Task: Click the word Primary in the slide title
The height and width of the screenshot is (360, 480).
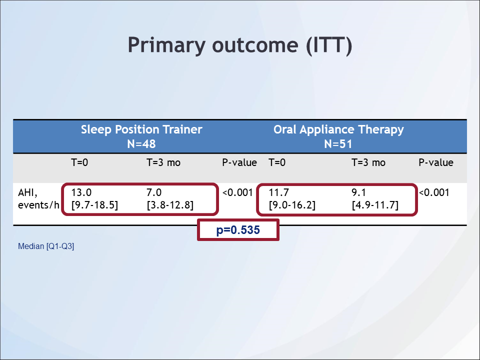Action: [166, 45]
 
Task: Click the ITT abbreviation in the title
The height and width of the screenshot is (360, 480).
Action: [329, 45]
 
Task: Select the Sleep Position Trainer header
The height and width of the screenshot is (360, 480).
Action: [141, 129]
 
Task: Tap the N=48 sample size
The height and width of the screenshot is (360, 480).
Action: [141, 144]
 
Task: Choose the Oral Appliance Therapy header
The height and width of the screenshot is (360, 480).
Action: [338, 130]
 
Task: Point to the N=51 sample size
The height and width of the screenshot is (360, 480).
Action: [338, 144]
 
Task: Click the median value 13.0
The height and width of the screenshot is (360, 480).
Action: [81, 192]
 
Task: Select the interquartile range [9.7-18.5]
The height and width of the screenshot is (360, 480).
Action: [94, 205]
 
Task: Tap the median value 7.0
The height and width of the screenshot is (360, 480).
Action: [154, 192]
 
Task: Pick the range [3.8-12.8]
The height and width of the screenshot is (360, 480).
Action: [170, 205]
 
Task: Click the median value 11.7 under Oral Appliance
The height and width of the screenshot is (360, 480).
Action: [279, 192]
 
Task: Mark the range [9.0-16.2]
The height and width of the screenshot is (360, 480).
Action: [292, 205]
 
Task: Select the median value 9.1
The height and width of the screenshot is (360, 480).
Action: [359, 192]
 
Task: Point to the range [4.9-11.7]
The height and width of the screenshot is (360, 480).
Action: [375, 205]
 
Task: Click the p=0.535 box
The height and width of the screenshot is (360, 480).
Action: [238, 230]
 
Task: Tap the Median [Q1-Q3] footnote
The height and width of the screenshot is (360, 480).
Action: [46, 246]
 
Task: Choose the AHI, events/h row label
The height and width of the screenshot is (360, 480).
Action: [38, 199]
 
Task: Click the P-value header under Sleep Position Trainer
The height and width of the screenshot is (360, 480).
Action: [239, 162]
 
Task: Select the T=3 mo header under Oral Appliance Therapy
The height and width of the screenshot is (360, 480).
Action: [368, 162]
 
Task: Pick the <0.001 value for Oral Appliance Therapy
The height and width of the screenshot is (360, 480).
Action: [434, 192]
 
